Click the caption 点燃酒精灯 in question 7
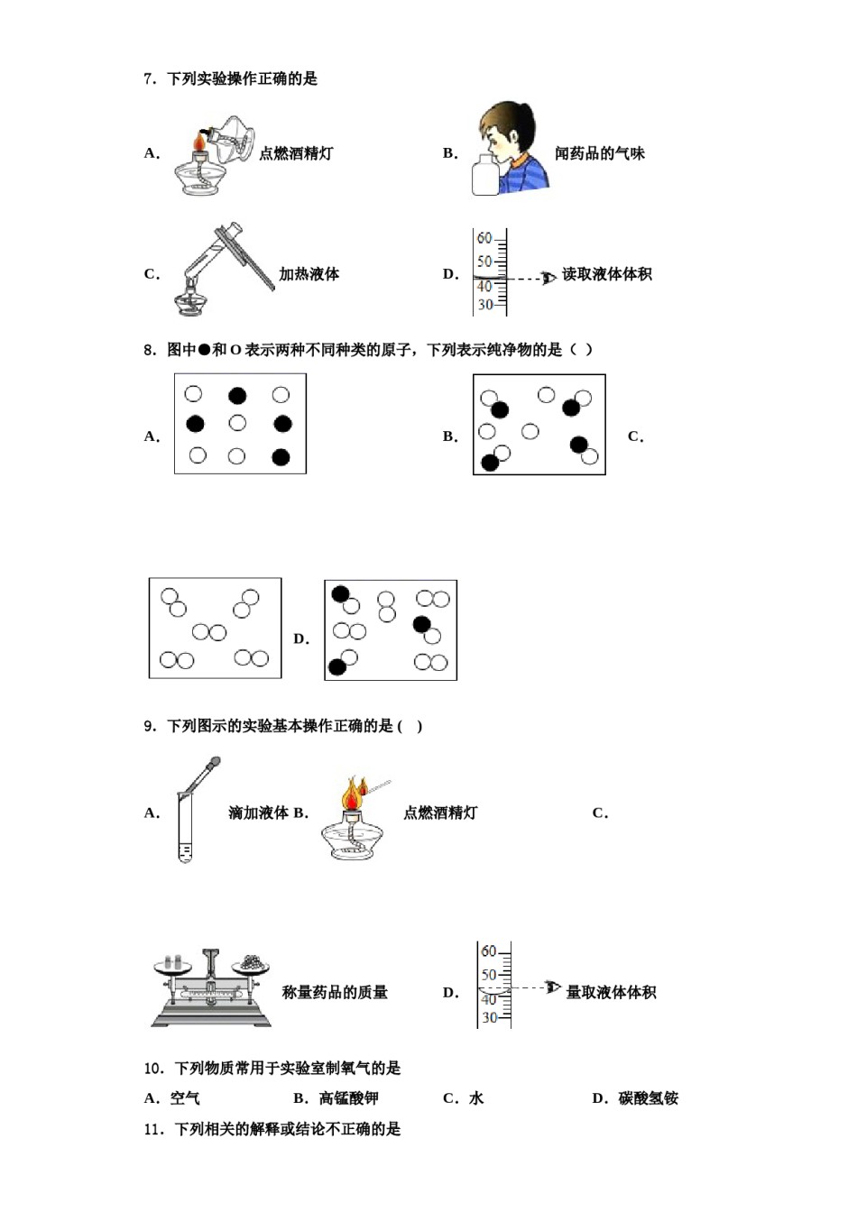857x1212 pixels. coord(296,153)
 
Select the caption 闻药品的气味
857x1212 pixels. coord(600,153)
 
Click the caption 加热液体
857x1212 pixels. coord(309,274)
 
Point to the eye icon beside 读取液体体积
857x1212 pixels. coord(548,278)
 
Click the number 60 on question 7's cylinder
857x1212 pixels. coord(484,238)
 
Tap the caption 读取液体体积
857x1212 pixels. coord(607,274)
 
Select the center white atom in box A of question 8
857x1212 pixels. coord(237,423)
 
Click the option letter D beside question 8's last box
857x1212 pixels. coord(301,638)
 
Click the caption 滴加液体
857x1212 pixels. coord(258,813)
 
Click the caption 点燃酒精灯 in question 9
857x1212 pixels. coord(440,813)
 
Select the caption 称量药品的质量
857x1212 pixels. coord(335,992)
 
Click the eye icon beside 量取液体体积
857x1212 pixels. coord(552,988)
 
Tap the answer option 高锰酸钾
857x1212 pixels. coord(348,1098)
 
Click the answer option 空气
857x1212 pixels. coord(185,1098)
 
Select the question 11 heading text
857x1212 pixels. coord(272,1129)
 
